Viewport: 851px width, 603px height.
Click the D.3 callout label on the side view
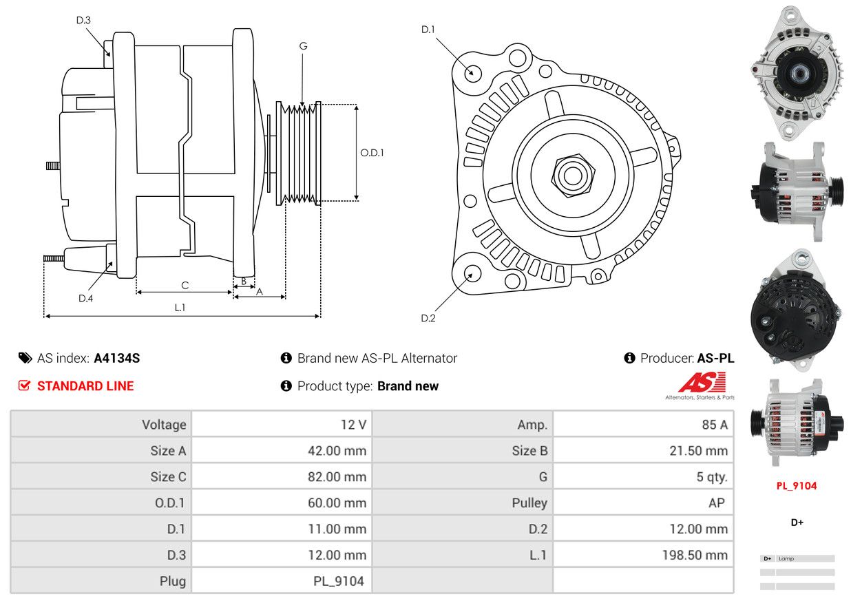click(83, 20)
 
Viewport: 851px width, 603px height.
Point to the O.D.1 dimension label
click(372, 153)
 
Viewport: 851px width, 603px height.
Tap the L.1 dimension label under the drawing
click(180, 307)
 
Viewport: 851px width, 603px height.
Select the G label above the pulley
click(303, 46)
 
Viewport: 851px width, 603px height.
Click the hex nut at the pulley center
click(573, 176)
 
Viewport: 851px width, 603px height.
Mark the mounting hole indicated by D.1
click(472, 72)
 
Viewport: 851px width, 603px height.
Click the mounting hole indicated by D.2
click(472, 273)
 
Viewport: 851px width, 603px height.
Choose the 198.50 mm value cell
click(695, 555)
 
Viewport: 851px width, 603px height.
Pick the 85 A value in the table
click(715, 425)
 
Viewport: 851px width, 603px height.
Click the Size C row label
click(168, 476)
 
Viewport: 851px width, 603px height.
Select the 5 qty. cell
click(711, 476)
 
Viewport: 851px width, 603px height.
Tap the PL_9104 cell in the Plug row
click(338, 581)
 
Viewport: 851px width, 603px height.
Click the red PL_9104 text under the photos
click(797, 486)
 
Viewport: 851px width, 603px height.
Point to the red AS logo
click(702, 382)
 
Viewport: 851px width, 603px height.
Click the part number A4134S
click(116, 358)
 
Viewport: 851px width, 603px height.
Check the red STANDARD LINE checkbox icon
click(24, 385)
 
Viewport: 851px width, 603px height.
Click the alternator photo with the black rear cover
click(795, 310)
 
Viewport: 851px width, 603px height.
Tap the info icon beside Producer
click(629, 358)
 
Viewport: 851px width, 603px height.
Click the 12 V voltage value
click(353, 425)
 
